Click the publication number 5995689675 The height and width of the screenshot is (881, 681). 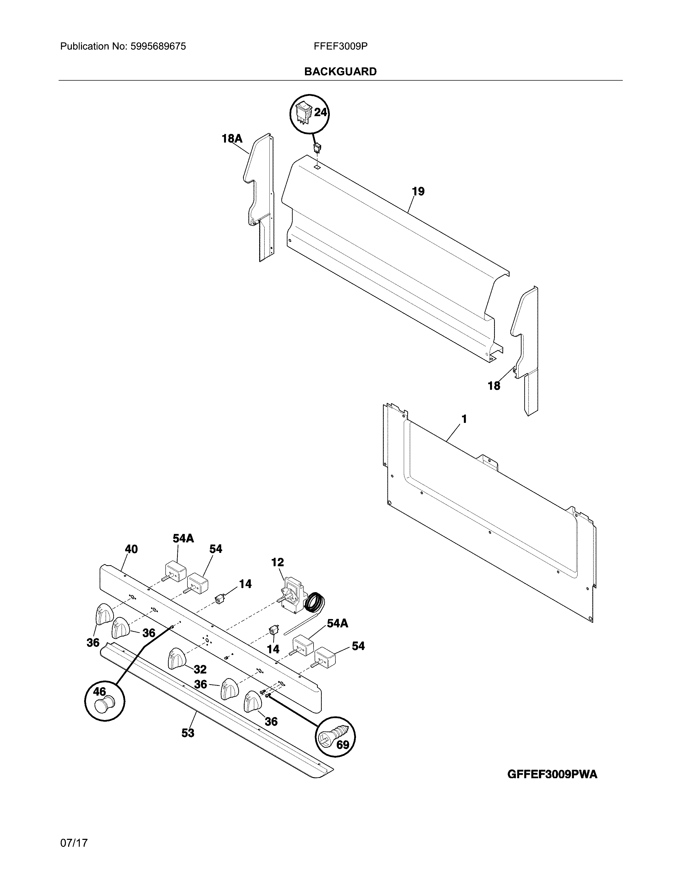coord(158,46)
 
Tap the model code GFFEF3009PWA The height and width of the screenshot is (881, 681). coord(552,774)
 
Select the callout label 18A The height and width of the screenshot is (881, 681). coord(232,139)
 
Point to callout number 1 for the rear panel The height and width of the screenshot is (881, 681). coord(464,419)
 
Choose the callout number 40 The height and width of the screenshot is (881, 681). coord(131,549)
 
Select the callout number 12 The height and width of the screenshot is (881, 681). coord(277,562)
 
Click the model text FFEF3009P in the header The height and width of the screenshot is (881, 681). coord(340,46)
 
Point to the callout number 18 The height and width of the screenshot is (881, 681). coord(494,386)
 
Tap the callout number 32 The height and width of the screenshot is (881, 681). coord(200,670)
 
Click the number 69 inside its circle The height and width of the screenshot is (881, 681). coord(343,745)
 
